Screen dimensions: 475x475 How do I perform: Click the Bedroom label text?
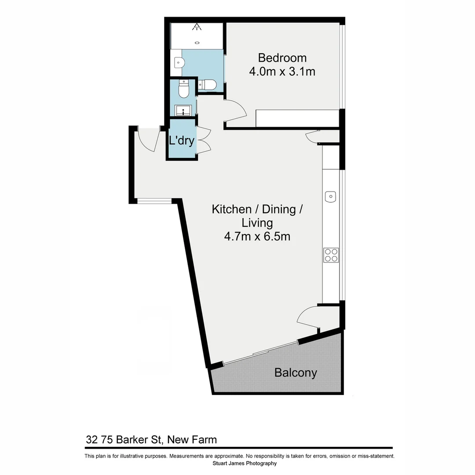pyautogui.click(x=282, y=58)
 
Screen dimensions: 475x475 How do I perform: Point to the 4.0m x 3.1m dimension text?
pyautogui.click(x=282, y=71)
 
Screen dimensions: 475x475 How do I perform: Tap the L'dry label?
pyautogui.click(x=182, y=141)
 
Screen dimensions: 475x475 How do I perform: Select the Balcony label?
pyautogui.click(x=296, y=373)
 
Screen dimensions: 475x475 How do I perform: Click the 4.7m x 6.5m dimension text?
pyautogui.click(x=257, y=236)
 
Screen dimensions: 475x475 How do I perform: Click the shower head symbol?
pyautogui.click(x=197, y=27)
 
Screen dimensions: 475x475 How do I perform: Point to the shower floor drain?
pyautogui.click(x=197, y=43)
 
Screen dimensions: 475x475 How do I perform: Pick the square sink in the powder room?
pyautogui.click(x=183, y=110)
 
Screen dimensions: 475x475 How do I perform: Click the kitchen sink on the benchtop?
pyautogui.click(x=330, y=197)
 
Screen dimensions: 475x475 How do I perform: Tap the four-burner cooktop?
pyautogui.click(x=331, y=255)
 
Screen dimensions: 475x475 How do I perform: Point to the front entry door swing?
pyautogui.click(x=147, y=139)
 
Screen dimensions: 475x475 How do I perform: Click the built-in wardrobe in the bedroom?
pyautogui.click(x=297, y=118)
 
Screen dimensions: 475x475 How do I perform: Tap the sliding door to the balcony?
pyautogui.click(x=260, y=353)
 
